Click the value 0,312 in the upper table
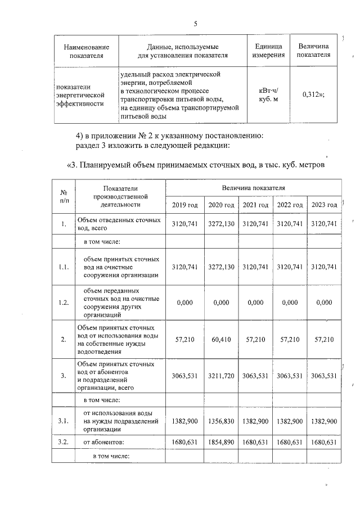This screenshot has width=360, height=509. [x=314, y=94]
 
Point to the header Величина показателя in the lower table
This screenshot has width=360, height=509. [x=253, y=187]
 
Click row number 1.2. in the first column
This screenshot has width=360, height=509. [x=63, y=303]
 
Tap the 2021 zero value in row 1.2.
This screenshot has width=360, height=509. [x=255, y=303]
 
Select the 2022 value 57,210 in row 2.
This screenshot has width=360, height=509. [x=290, y=340]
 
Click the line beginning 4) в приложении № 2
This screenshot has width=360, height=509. [x=169, y=136]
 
